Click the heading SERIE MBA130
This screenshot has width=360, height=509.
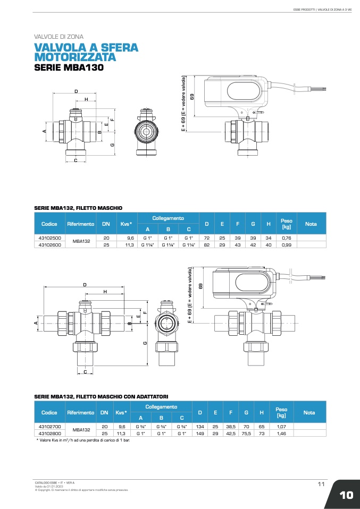point(69,68)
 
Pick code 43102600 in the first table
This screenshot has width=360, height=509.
point(50,245)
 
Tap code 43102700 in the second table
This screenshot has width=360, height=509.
point(50,427)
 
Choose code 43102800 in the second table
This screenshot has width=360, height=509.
point(50,434)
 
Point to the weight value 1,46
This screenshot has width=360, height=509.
point(281,434)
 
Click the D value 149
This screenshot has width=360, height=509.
point(200,434)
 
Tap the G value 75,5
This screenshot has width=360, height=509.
point(246,434)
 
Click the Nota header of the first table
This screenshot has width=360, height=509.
point(311,224)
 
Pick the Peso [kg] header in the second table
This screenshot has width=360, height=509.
point(281,412)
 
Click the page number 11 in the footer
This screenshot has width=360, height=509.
point(321,483)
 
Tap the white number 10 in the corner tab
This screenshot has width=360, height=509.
point(346,495)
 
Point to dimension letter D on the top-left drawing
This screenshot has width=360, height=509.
point(77,91)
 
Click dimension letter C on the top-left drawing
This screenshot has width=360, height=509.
point(76,160)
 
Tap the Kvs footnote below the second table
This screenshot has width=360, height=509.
point(83,440)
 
